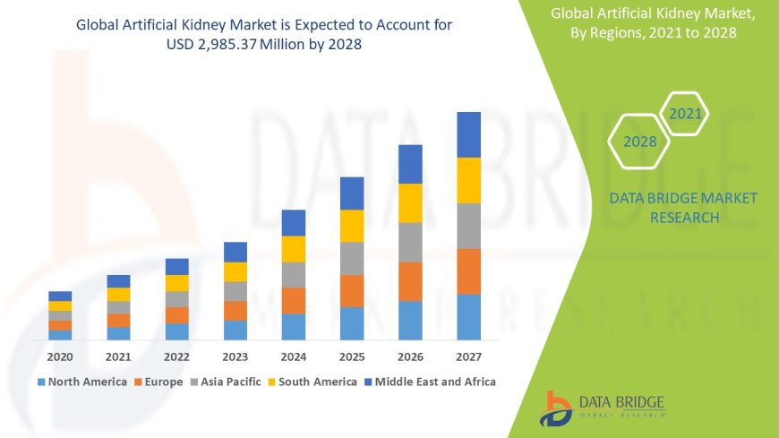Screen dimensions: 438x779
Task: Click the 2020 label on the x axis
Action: click(x=60, y=356)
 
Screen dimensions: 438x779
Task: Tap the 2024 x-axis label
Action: click(x=293, y=356)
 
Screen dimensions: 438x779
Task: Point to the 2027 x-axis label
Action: click(x=468, y=356)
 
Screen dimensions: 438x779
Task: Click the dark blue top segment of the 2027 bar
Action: click(x=468, y=134)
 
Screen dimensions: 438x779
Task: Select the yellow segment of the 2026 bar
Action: click(x=410, y=202)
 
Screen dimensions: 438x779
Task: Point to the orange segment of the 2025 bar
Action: click(x=352, y=290)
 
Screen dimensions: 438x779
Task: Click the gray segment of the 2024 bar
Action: click(x=293, y=274)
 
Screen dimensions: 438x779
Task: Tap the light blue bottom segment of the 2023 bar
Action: click(x=235, y=330)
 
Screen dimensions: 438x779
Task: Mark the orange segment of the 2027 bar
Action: click(x=468, y=271)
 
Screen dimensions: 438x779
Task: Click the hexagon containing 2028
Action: click(x=640, y=142)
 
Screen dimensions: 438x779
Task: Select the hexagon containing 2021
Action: click(x=686, y=114)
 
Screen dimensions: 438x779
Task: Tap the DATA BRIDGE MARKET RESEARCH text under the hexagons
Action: click(x=683, y=208)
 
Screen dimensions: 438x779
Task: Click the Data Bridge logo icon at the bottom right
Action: click(x=557, y=408)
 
